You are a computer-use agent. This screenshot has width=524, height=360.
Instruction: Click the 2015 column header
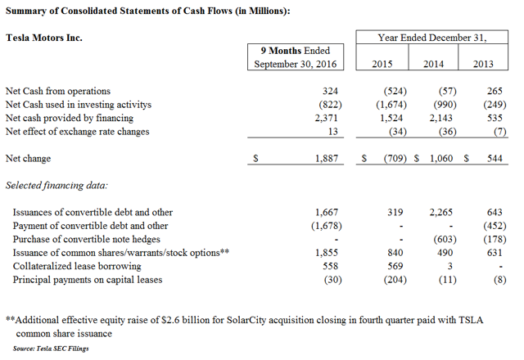(x=382, y=64)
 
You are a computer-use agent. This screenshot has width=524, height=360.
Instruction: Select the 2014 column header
(x=433, y=64)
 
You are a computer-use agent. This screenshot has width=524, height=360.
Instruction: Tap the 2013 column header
(x=483, y=64)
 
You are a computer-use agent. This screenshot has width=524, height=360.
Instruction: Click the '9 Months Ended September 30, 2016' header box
(x=296, y=56)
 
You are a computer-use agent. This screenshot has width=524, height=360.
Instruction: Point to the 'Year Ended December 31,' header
(x=432, y=38)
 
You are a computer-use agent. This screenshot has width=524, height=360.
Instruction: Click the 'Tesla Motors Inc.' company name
(x=43, y=38)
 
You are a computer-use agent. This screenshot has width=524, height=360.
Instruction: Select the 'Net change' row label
(x=28, y=158)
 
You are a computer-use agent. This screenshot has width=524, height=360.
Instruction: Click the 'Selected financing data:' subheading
(x=56, y=186)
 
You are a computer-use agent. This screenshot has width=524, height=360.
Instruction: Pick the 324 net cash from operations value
(x=330, y=91)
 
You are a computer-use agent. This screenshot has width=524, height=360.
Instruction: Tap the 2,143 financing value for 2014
(x=440, y=118)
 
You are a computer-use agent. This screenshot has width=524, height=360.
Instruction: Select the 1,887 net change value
(x=327, y=158)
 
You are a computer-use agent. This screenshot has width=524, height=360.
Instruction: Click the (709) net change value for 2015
(x=395, y=158)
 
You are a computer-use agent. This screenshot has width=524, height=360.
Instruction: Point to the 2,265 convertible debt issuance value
(x=440, y=212)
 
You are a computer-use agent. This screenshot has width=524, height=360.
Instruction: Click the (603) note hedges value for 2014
(x=445, y=239)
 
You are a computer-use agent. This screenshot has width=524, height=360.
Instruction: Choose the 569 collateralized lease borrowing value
(x=395, y=266)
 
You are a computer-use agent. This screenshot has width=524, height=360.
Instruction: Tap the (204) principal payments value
(x=395, y=280)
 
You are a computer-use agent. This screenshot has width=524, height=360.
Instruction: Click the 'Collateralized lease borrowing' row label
(x=77, y=266)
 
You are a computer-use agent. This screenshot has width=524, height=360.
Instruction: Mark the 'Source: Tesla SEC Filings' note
(x=51, y=349)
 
